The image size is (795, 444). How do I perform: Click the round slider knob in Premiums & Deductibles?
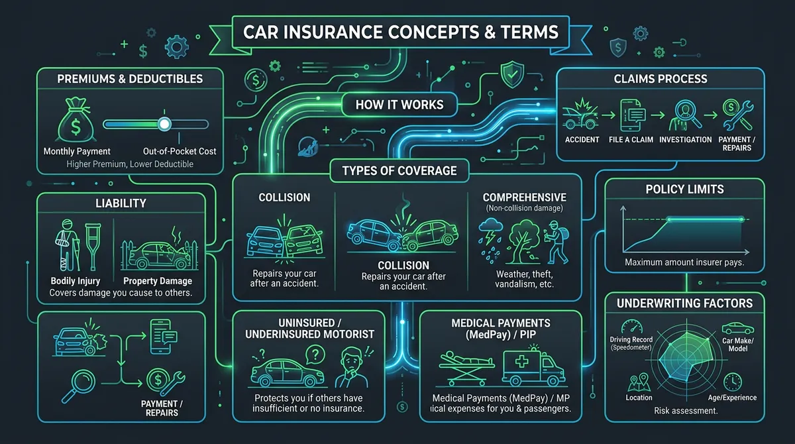click(164, 123)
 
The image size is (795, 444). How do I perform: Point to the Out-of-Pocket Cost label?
click(180, 151)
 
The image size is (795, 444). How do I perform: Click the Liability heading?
click(121, 203)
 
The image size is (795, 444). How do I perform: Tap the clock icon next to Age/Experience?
click(733, 381)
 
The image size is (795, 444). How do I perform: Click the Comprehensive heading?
click(524, 197)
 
